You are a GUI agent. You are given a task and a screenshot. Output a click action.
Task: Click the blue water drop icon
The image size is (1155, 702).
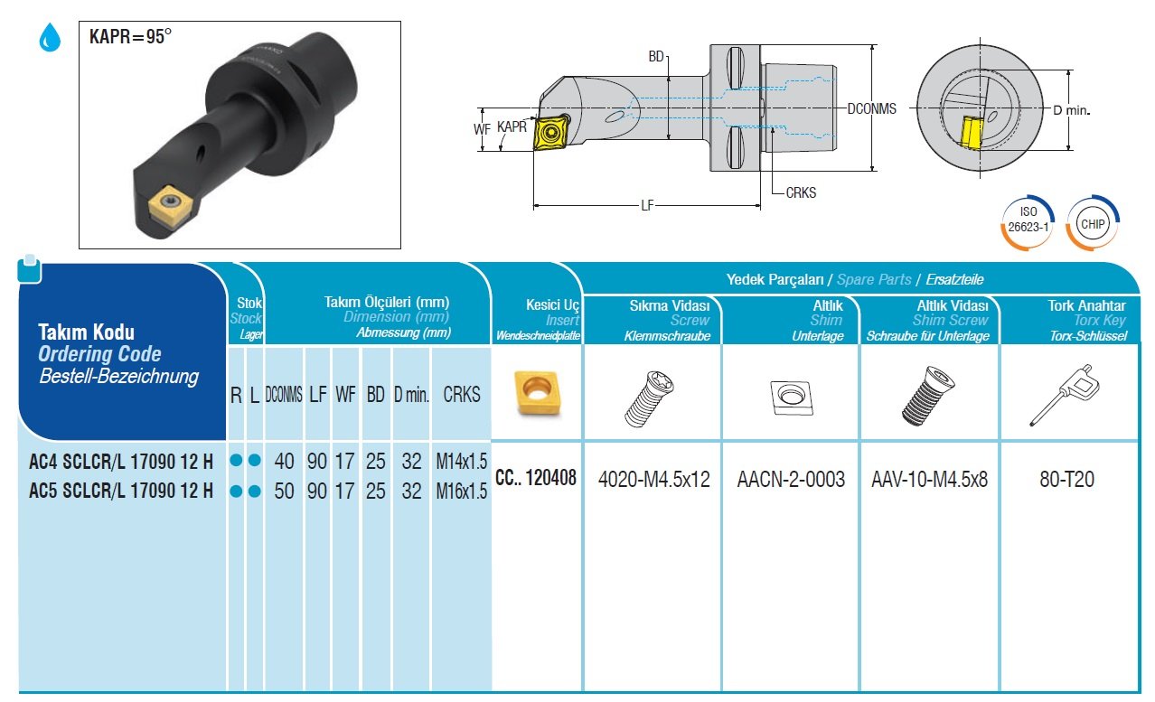click(48, 38)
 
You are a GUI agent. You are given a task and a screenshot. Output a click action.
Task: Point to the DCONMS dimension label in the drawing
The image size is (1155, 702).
click(871, 108)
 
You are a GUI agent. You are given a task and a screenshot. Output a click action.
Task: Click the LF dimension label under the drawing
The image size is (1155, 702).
click(647, 206)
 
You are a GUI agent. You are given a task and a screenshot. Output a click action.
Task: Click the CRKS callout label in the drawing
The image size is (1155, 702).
click(801, 192)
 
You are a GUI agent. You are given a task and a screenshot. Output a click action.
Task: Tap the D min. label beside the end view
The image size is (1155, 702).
click(1072, 110)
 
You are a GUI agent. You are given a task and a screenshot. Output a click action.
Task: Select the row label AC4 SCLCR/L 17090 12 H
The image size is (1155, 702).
click(121, 462)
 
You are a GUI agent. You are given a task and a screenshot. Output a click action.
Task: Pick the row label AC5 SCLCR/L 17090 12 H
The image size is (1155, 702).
click(121, 491)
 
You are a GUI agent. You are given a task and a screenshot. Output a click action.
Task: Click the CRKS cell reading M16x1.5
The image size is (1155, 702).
click(461, 491)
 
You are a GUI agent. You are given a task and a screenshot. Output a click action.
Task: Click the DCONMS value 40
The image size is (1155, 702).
click(285, 462)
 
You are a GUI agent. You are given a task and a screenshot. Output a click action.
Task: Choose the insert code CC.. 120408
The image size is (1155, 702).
click(536, 477)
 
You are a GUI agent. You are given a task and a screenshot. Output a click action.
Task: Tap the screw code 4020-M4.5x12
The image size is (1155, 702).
click(653, 479)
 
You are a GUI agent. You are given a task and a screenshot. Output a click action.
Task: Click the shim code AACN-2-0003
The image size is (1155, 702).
click(791, 479)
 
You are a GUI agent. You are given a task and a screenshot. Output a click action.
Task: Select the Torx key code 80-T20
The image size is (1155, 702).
click(1066, 479)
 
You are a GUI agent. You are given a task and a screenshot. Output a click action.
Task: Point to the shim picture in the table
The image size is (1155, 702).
click(791, 398)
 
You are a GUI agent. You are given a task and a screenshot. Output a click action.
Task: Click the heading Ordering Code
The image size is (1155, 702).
click(99, 354)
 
